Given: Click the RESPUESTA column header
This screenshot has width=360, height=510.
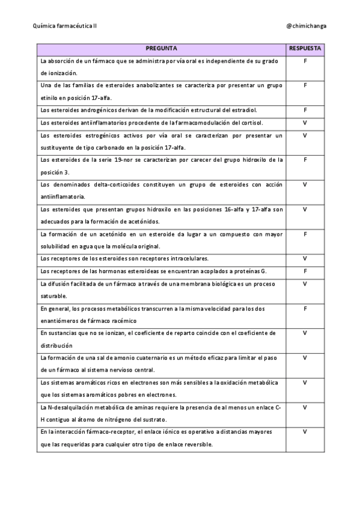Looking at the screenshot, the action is click(x=305, y=48).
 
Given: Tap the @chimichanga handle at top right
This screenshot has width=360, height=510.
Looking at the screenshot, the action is click(x=307, y=26).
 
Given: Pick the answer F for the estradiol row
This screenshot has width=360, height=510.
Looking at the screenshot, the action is click(x=305, y=110).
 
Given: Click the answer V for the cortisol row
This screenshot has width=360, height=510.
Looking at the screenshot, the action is click(x=305, y=123).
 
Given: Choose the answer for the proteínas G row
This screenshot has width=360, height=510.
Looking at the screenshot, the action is click(x=305, y=271).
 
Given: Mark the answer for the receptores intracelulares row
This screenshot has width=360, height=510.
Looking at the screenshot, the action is click(x=305, y=258).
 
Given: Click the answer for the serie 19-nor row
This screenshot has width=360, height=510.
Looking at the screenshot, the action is click(x=305, y=159).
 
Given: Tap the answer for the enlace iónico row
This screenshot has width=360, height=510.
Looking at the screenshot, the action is click(x=305, y=431).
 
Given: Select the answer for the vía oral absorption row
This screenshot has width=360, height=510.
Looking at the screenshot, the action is click(x=305, y=61).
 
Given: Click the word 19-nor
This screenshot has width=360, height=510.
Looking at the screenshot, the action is click(x=113, y=159).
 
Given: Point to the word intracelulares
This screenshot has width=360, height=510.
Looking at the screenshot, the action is click(x=188, y=258).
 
